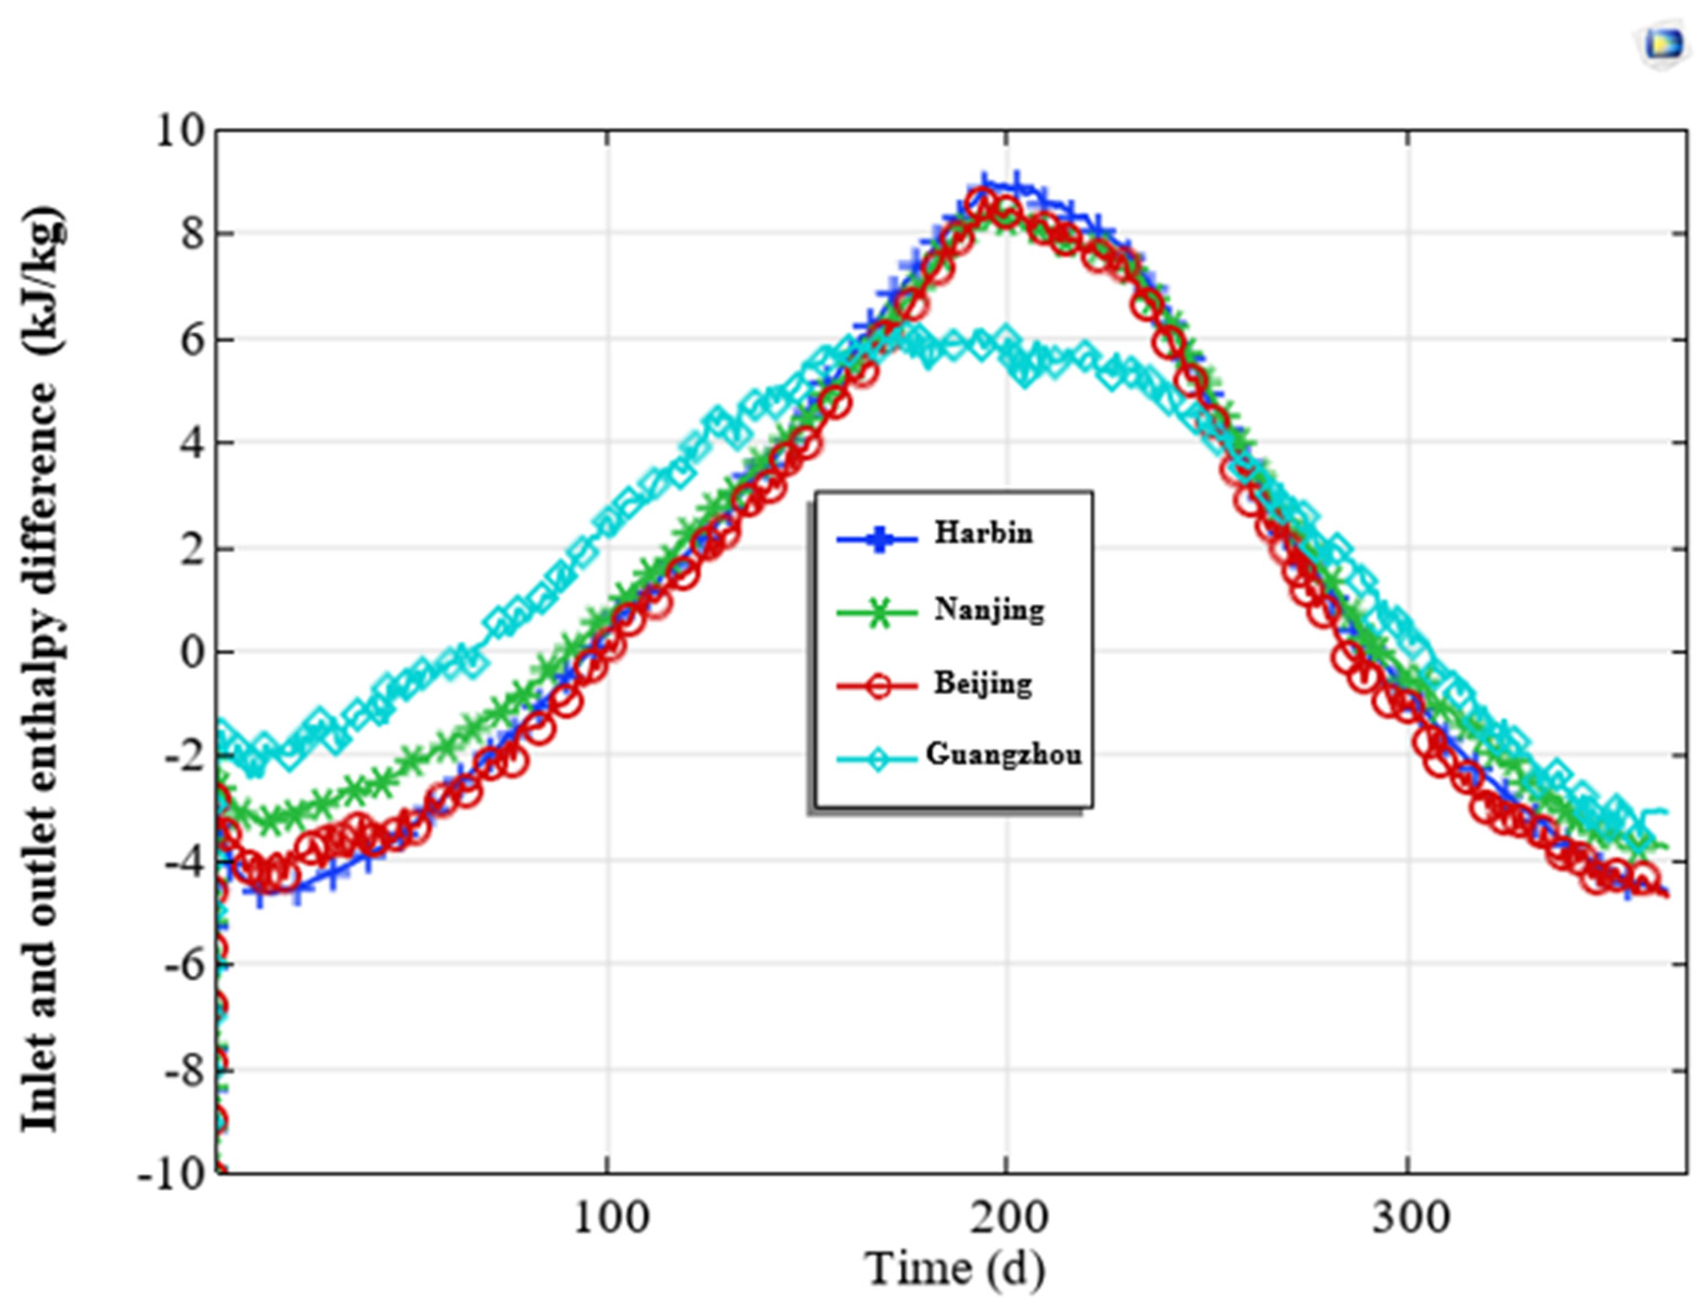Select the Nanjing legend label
click(x=989, y=608)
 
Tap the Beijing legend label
click(x=982, y=684)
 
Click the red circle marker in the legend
click(x=878, y=686)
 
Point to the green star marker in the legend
click(x=878, y=612)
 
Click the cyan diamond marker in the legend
click(x=878, y=759)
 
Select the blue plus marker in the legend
click(x=878, y=538)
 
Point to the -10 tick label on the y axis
click(x=171, y=1174)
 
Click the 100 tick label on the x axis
click(x=610, y=1217)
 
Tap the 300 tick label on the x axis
click(x=1410, y=1217)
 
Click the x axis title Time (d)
click(x=956, y=1268)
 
